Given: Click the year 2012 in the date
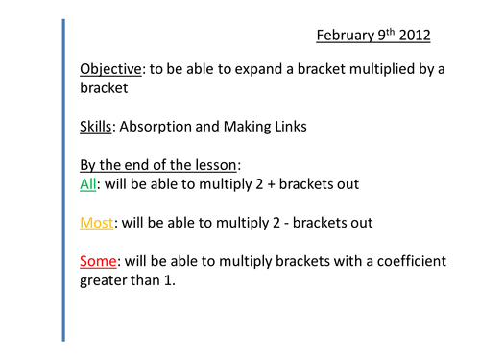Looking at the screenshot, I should point(413,36).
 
